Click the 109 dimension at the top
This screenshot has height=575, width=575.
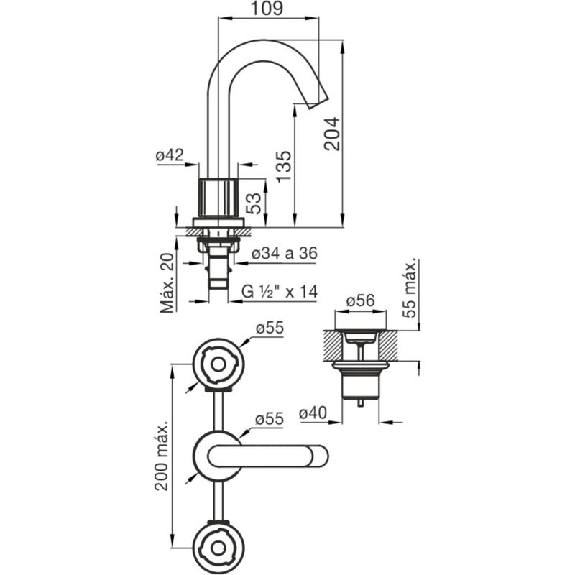[x=267, y=8]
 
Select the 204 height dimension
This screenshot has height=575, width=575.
[x=332, y=134]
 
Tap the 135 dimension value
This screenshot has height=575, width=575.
[x=283, y=166]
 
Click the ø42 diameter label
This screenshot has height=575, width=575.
[x=169, y=155]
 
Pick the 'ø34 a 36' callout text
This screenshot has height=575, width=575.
[x=284, y=253]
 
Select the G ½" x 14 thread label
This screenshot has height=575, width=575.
[x=280, y=292]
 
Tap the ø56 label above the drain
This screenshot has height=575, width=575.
[x=361, y=300]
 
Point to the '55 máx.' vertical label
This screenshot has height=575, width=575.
[x=410, y=288]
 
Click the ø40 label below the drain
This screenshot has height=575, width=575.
[x=313, y=413]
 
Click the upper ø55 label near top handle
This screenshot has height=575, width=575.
[x=270, y=328]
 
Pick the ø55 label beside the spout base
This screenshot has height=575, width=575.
[x=270, y=419]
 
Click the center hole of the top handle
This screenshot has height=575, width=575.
[x=218, y=365]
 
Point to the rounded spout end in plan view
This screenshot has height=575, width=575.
[x=319, y=456]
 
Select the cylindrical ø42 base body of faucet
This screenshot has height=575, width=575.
[x=218, y=198]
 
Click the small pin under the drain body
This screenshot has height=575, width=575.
[x=361, y=402]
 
